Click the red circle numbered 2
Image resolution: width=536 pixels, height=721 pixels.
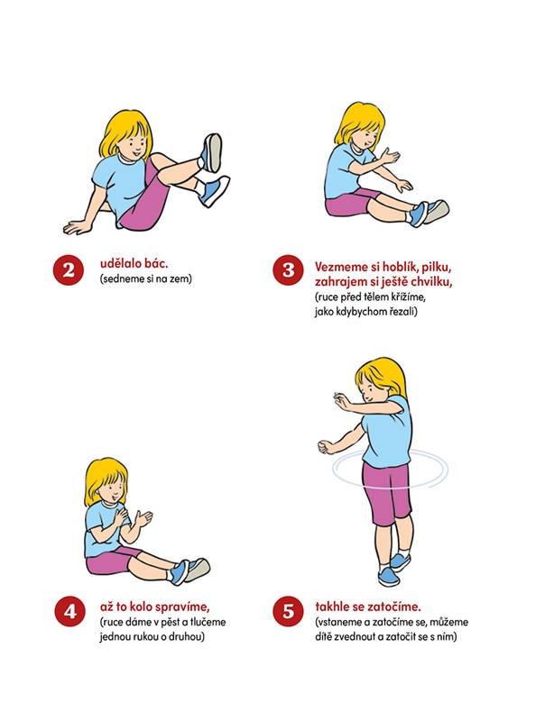[x=69, y=269]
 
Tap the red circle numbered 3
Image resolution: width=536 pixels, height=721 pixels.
[x=288, y=269]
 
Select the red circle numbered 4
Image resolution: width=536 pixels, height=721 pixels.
[x=69, y=611]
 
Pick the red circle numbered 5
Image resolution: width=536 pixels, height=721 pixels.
[x=288, y=611]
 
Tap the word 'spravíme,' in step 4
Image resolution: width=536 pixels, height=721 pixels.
[x=182, y=607]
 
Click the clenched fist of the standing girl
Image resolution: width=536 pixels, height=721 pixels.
[x=326, y=446]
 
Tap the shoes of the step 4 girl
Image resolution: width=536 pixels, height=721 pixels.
[x=189, y=570]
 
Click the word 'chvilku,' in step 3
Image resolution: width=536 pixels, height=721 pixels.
[x=430, y=281]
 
